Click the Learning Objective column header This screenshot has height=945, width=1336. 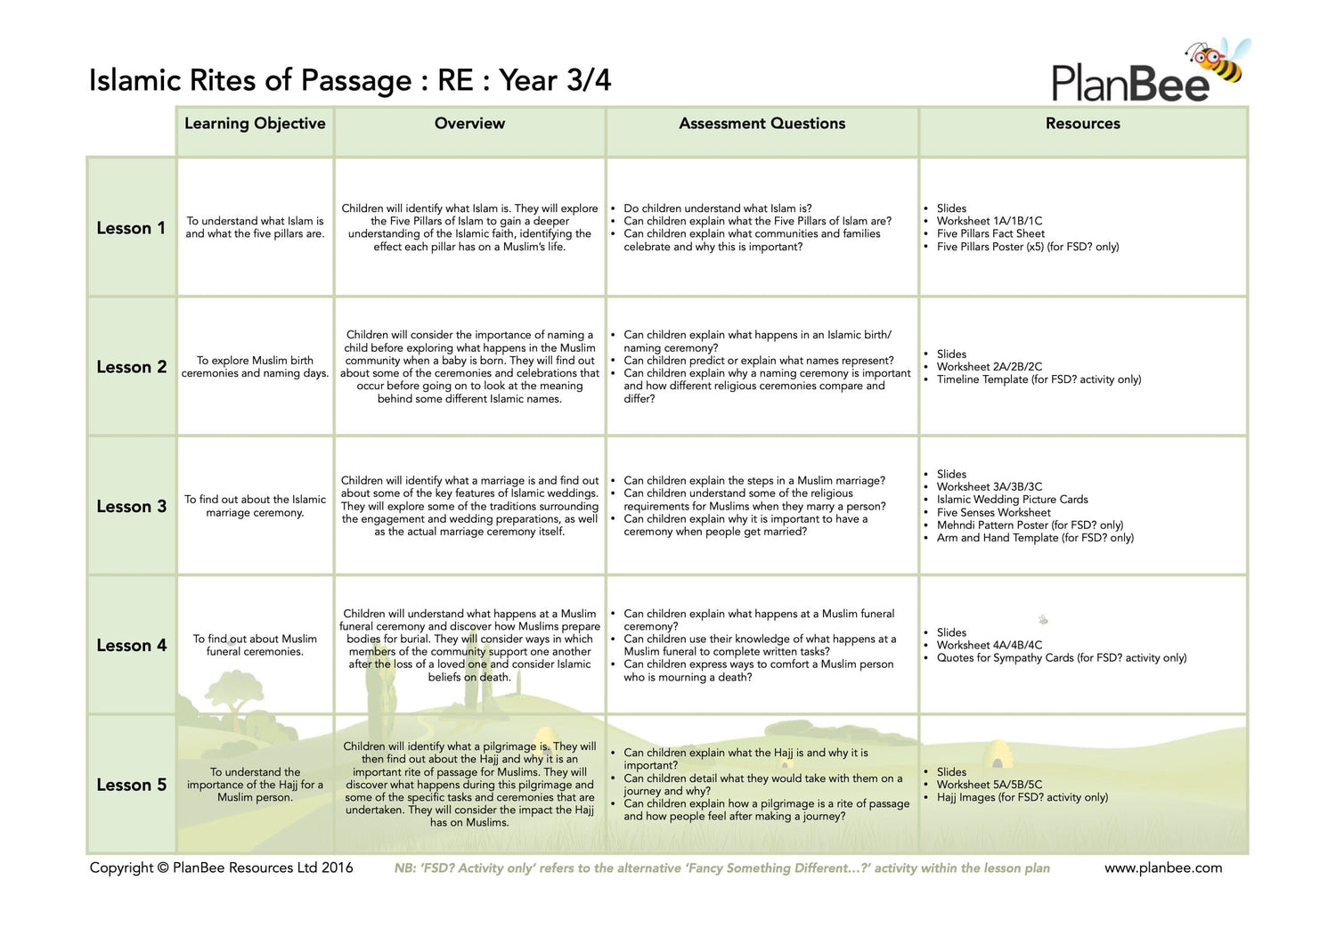tap(255, 124)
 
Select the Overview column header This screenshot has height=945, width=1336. tap(469, 124)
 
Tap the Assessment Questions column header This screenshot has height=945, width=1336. tap(762, 124)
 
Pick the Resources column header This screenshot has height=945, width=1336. tap(1082, 124)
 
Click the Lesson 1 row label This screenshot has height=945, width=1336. tap(131, 228)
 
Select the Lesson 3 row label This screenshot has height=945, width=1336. tap(131, 507)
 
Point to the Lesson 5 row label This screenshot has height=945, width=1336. tap(131, 785)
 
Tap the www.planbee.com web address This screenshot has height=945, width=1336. tap(1163, 868)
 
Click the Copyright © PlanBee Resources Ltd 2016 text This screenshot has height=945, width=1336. tap(221, 868)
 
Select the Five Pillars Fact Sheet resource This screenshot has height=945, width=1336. tap(990, 234)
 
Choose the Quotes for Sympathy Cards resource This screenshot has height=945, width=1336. tap(1061, 658)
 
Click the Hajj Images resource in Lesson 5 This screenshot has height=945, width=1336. tap(1022, 797)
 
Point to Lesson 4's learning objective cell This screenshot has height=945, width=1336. tap(255, 645)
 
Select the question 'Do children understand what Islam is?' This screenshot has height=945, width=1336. tap(717, 208)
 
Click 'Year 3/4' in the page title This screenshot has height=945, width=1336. tap(555, 80)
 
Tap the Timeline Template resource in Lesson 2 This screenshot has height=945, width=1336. tap(1039, 379)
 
